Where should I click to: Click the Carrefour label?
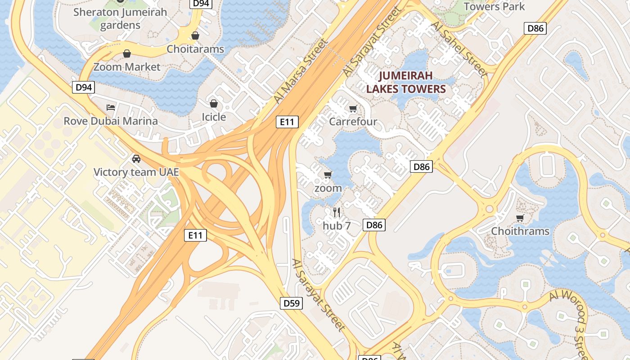point(353,121)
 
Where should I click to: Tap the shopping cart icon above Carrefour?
point(353,108)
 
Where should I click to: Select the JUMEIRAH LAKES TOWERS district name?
point(405,82)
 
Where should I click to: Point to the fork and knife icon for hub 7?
point(337,212)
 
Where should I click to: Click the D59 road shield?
point(292,303)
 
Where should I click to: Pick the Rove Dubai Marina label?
point(111,121)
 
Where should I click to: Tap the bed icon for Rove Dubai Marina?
point(111,108)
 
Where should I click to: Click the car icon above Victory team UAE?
point(136,159)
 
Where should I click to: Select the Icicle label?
point(214,117)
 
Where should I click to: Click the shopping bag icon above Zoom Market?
point(127,54)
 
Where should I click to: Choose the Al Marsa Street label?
point(301,71)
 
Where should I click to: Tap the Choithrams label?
point(520,231)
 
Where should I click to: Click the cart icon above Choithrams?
point(520,218)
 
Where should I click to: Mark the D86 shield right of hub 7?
point(374,225)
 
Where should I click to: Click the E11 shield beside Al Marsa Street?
point(287,121)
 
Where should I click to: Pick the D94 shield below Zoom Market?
point(83,87)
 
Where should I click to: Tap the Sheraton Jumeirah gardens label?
point(120,18)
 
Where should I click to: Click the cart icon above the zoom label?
point(328,175)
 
